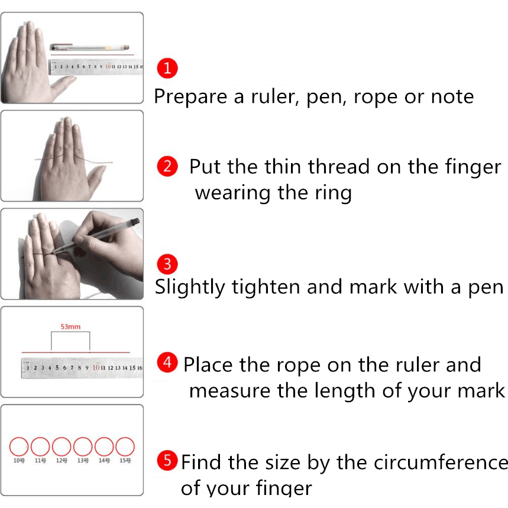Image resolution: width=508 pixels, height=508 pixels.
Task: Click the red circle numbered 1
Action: click(167, 69)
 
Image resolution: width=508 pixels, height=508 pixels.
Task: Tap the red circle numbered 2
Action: click(167, 166)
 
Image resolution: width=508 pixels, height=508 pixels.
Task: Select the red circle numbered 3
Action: click(167, 264)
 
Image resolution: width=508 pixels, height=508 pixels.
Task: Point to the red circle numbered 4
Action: click(167, 362)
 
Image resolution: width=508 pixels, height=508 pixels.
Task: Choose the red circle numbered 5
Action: click(167, 460)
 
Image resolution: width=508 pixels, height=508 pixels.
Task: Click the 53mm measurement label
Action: click(70, 326)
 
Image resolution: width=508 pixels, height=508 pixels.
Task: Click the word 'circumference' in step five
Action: click(441, 462)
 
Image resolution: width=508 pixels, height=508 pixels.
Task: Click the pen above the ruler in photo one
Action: click(90, 48)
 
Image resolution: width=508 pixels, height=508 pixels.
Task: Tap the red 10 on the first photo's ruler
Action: click(108, 66)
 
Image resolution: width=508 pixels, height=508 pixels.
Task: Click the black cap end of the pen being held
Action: click(135, 222)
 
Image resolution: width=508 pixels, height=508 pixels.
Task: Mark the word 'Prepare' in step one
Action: click(190, 97)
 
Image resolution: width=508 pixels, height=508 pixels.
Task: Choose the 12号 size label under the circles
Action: click(62, 460)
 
